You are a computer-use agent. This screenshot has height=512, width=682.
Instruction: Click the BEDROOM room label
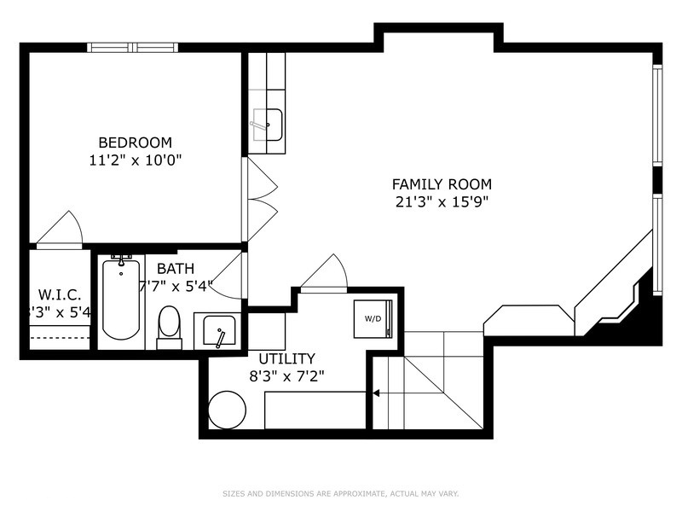point(135,143)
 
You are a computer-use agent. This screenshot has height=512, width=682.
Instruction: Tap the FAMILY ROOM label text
point(442,183)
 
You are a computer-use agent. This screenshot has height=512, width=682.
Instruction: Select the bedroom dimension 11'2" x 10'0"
point(135,160)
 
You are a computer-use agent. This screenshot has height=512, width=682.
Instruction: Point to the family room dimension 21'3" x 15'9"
point(442,202)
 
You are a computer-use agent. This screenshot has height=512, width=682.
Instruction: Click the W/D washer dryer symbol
point(373,318)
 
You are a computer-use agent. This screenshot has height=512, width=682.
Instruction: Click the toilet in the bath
point(170,325)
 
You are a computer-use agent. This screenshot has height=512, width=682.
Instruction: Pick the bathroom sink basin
point(220,329)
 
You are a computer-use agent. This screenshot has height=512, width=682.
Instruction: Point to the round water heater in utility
point(227,410)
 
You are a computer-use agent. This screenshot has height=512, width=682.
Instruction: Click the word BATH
point(175,268)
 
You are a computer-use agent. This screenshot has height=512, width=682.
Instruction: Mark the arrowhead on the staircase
point(375,393)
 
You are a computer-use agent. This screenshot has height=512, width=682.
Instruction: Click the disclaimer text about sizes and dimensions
point(341,493)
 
